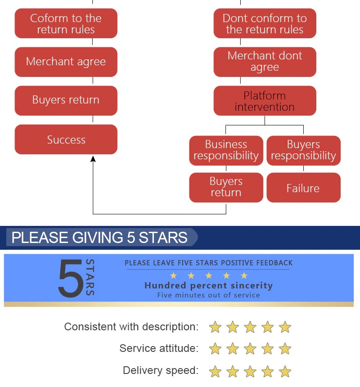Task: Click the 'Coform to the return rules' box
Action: point(66,24)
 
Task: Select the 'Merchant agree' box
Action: point(66,62)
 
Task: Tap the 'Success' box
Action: point(66,139)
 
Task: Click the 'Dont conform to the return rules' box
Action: point(265,24)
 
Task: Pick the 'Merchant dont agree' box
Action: point(265,62)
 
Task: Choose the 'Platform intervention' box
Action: point(265,101)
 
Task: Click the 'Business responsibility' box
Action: point(226,150)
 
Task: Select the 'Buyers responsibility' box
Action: point(303,150)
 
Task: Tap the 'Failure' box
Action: point(303,188)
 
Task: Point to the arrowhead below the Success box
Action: point(93,159)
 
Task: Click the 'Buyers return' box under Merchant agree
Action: point(66,100)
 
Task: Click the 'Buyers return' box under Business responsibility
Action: point(226,187)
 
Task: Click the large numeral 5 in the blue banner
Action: point(71,278)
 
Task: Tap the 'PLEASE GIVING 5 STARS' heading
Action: point(99,238)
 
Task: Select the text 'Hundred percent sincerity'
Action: point(208,286)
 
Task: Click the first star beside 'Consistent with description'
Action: point(215,327)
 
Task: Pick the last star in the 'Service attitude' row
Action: point(285,349)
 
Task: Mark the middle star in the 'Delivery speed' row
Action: point(250,371)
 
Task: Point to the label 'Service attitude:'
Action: point(158,348)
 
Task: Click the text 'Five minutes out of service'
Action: point(208,295)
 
